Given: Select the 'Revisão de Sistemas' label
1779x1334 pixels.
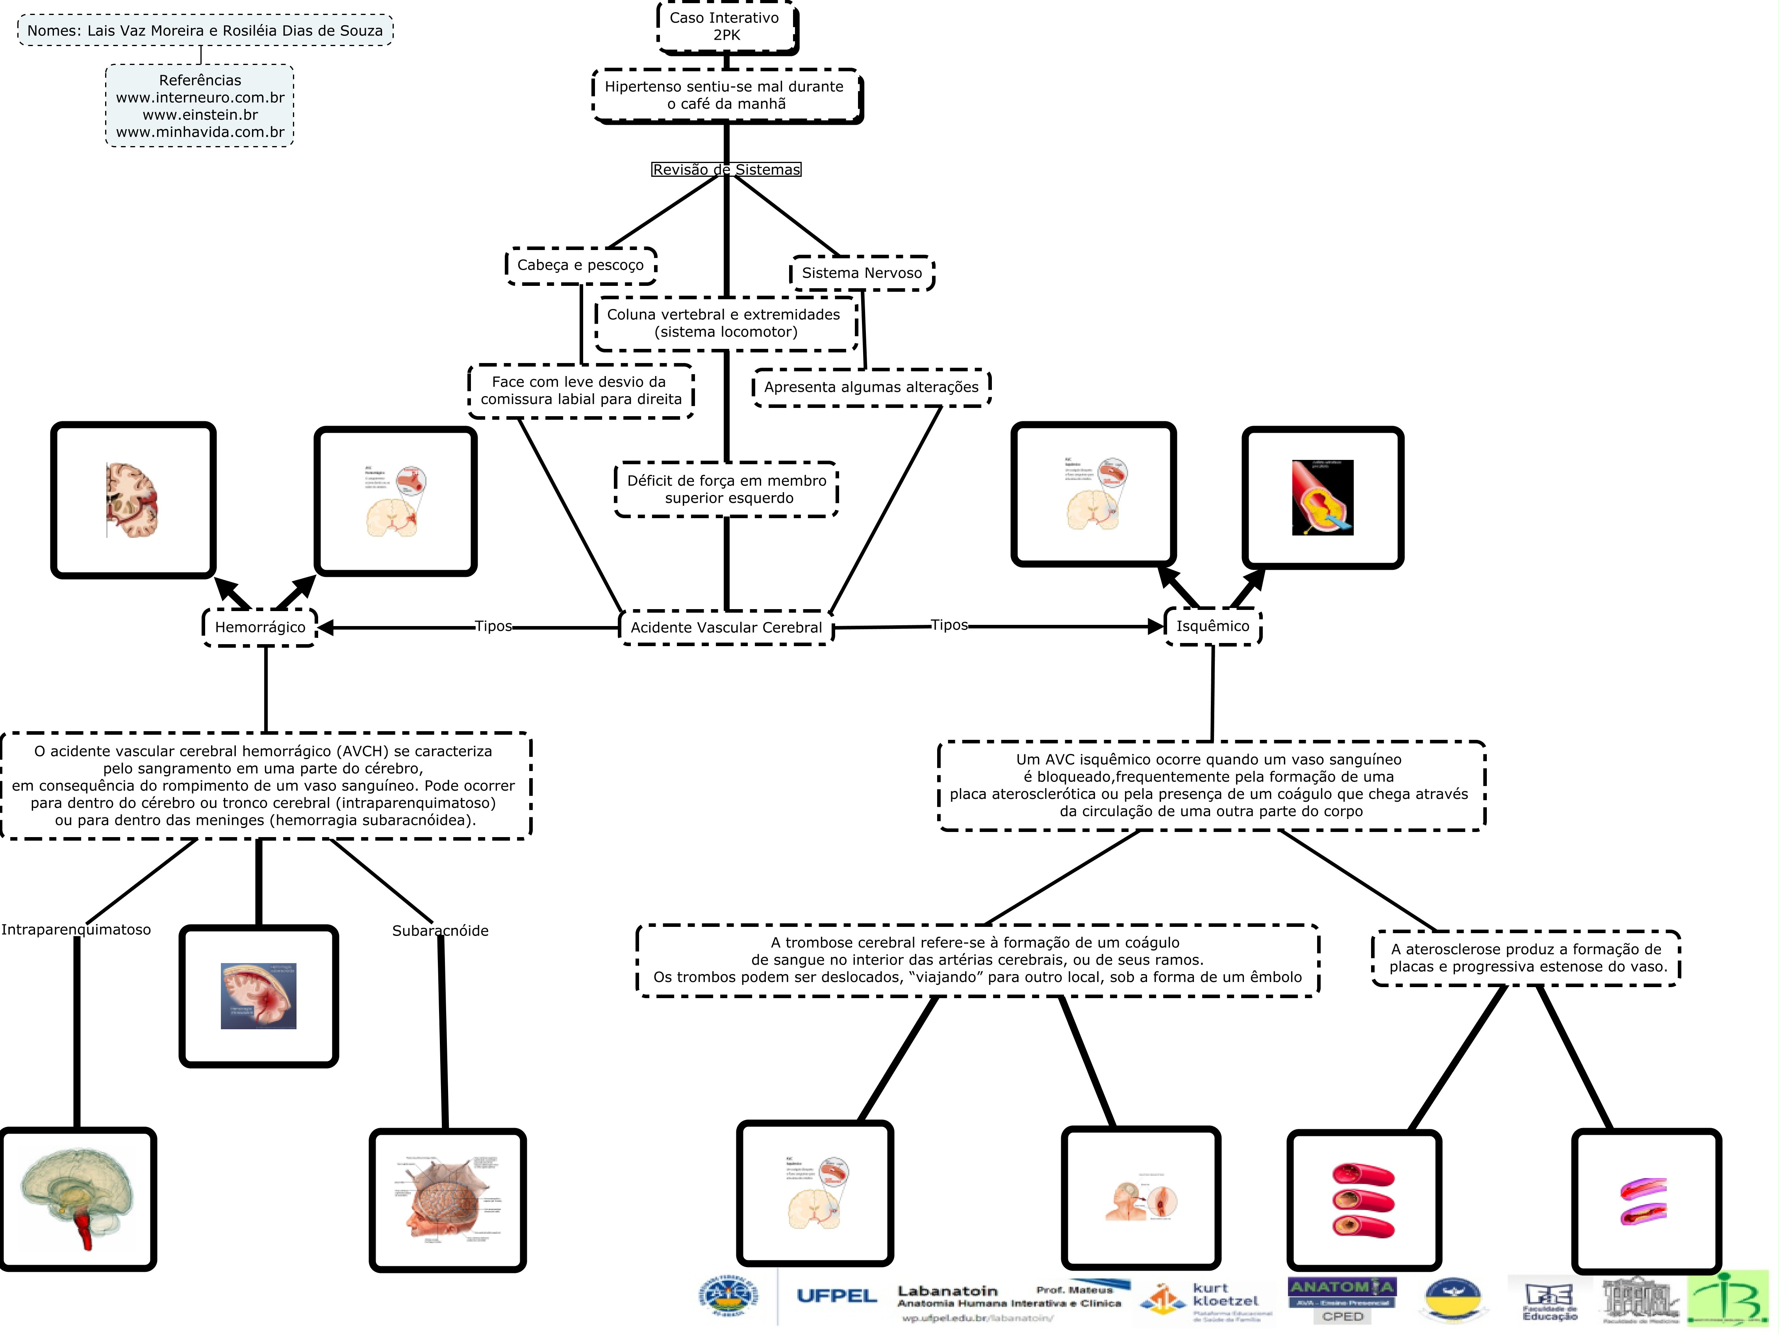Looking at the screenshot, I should pyautogui.click(x=726, y=170).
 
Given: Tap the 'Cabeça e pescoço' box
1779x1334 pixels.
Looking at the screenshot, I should pyautogui.click(x=581, y=265).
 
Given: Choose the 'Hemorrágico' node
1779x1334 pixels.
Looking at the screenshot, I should pyautogui.click(x=260, y=627).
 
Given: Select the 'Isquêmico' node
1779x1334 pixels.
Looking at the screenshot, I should pyautogui.click(x=1213, y=626).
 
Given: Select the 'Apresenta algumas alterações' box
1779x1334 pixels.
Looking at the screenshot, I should pyautogui.click(x=871, y=387).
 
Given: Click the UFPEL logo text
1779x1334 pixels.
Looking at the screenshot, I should pyautogui.click(x=836, y=1296).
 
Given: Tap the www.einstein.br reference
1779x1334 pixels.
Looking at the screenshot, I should pyautogui.click(x=200, y=115).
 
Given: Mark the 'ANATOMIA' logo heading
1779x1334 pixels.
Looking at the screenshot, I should pyautogui.click(x=1342, y=1287).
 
